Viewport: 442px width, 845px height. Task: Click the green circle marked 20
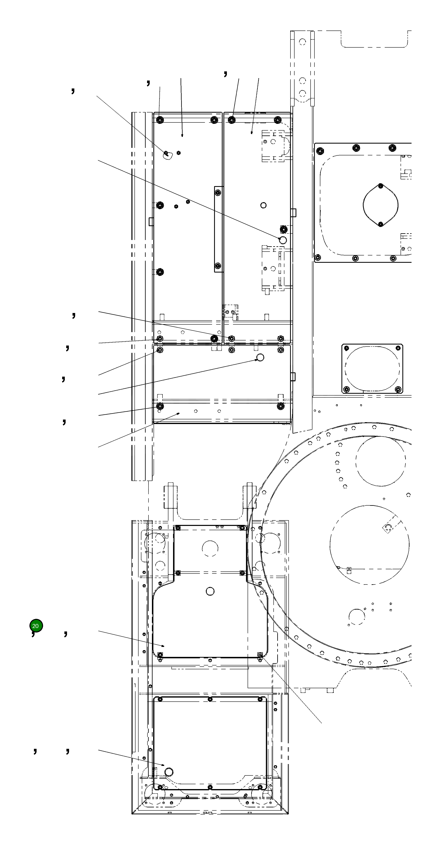[x=36, y=626]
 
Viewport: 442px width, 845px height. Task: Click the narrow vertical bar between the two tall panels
[x=219, y=229]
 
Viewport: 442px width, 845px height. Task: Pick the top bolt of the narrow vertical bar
[x=218, y=193]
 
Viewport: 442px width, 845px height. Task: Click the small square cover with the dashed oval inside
[x=372, y=368]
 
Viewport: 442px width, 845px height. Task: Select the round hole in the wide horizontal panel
[x=260, y=357]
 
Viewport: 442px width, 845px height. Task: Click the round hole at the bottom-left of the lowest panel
[x=169, y=772]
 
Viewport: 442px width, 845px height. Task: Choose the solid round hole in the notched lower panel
[x=210, y=591]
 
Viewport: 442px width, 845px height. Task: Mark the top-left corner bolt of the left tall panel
[x=160, y=120]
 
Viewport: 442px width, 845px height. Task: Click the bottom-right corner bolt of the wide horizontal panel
[x=281, y=406]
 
